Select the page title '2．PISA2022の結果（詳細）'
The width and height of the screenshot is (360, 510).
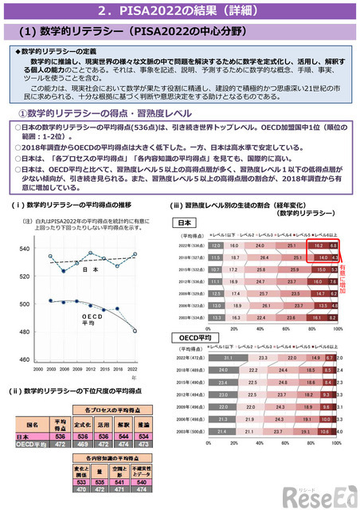point(179,11)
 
